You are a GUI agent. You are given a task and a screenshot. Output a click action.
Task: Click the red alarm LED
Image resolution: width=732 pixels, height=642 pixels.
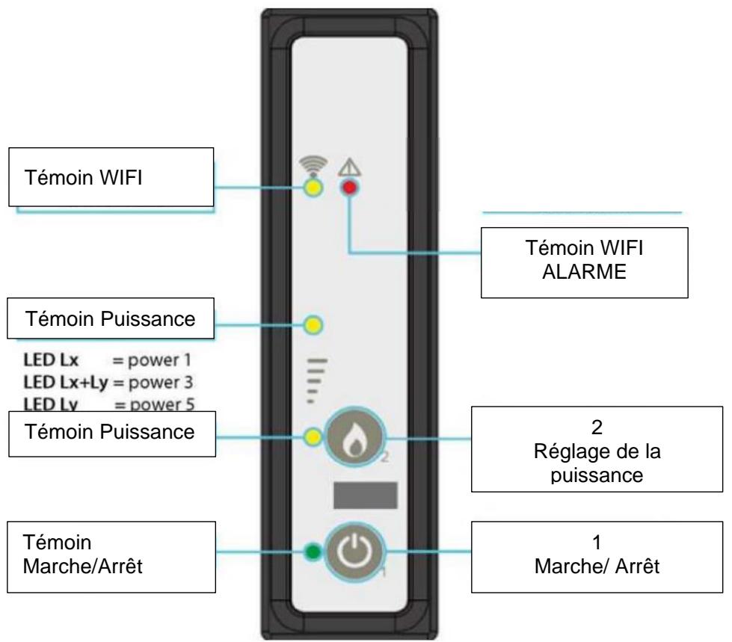pos(348,188)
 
